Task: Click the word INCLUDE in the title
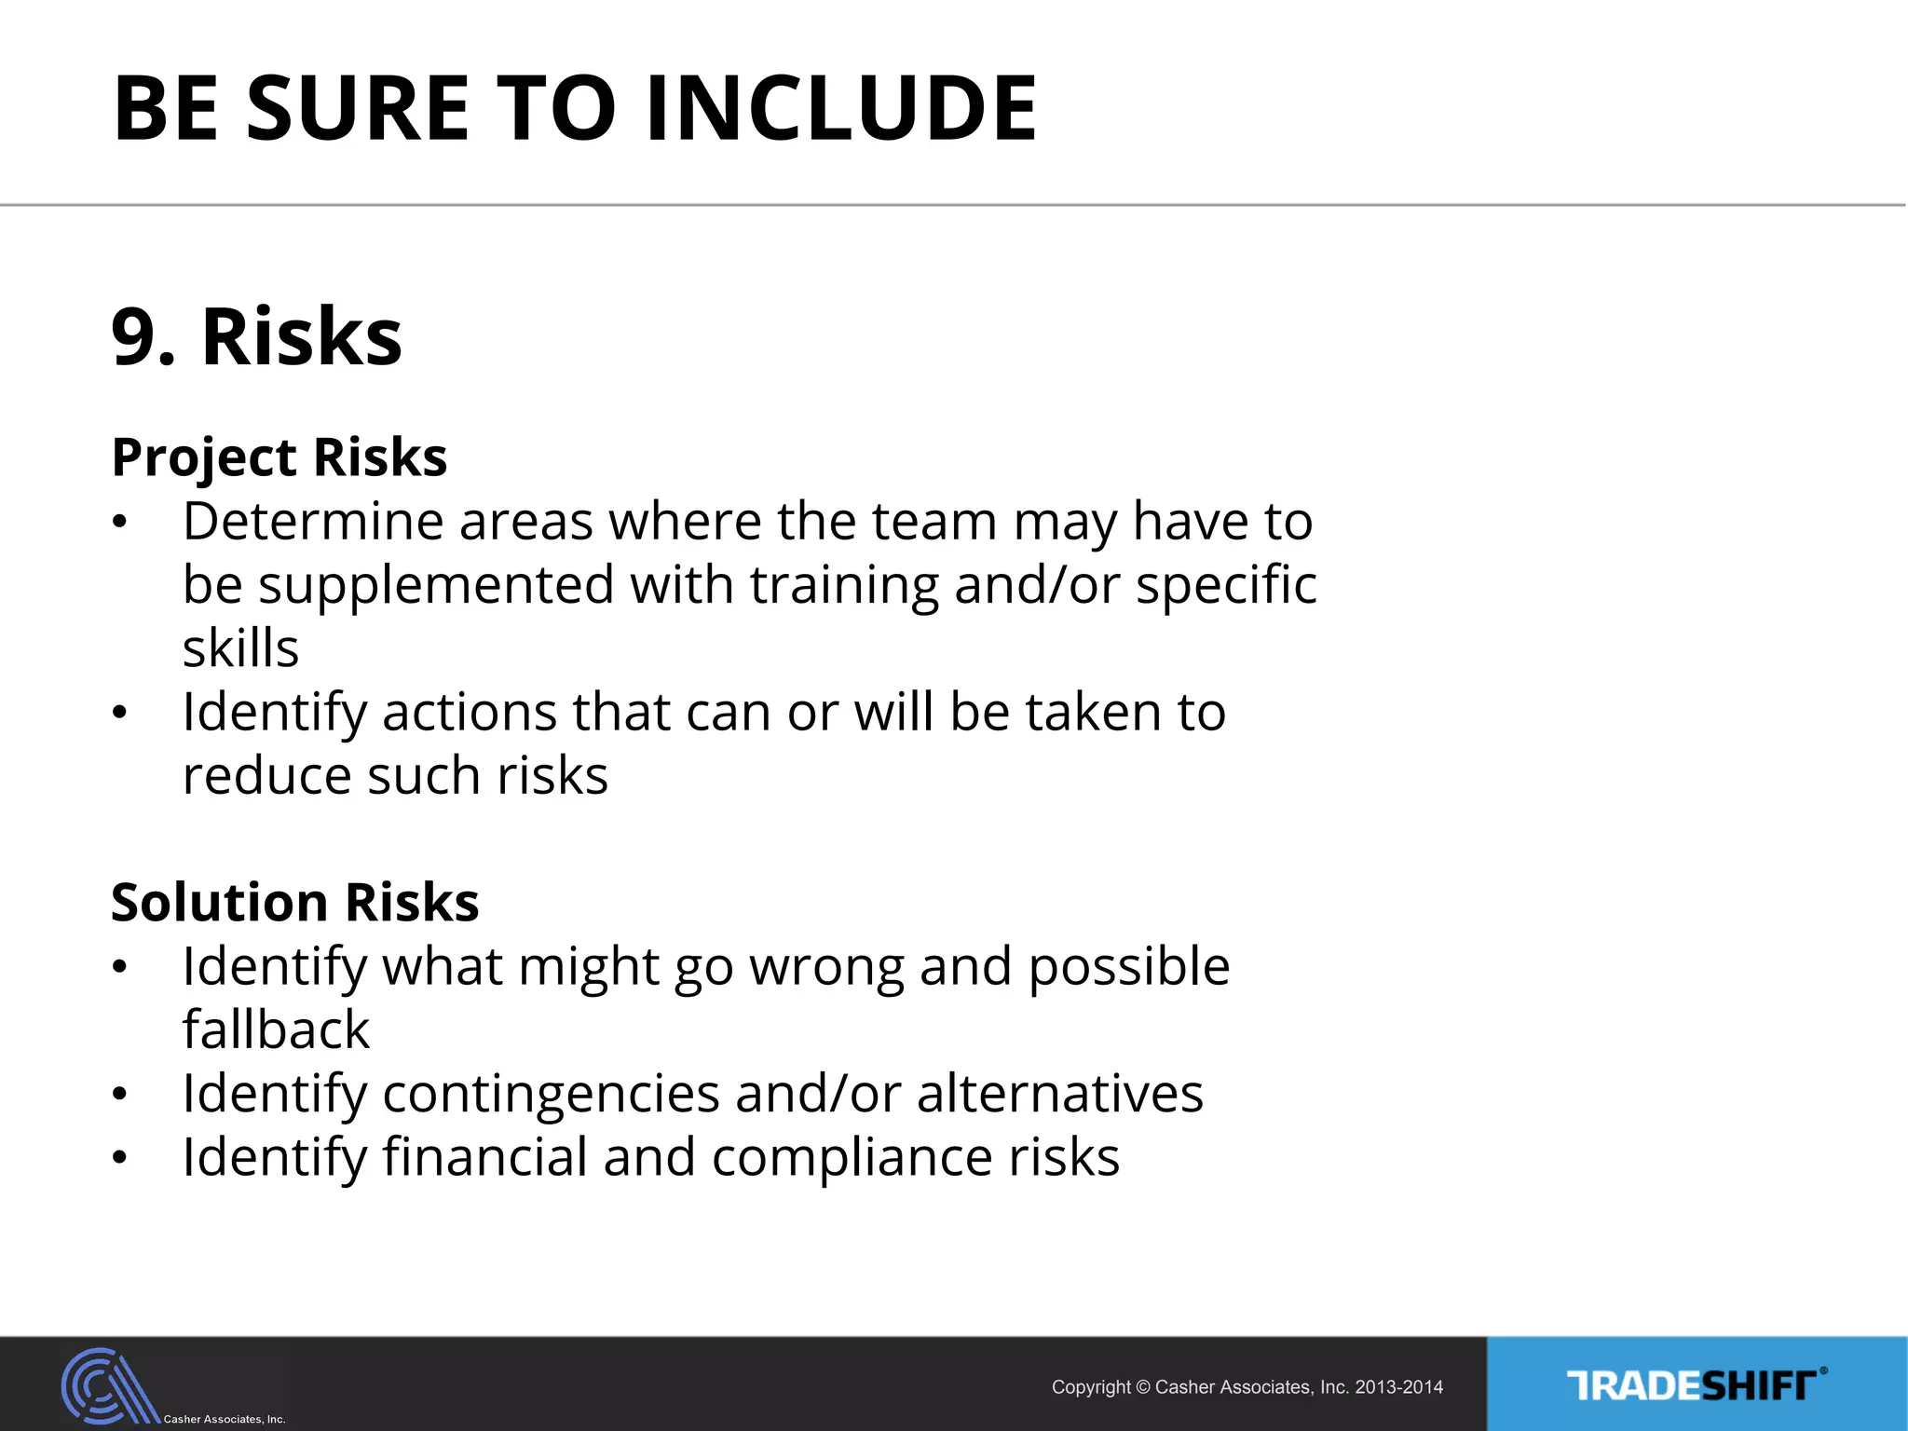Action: [840, 109]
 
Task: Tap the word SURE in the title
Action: [358, 109]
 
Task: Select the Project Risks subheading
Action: [279, 457]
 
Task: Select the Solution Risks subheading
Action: [294, 903]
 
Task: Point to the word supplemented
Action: [435, 585]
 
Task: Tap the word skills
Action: [240, 648]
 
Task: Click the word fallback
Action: [276, 1029]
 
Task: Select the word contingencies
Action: [551, 1093]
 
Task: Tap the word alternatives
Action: [1059, 1093]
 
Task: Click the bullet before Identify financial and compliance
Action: [118, 1158]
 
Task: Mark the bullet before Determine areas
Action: [118, 522]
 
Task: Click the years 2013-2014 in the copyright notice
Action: [1398, 1387]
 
